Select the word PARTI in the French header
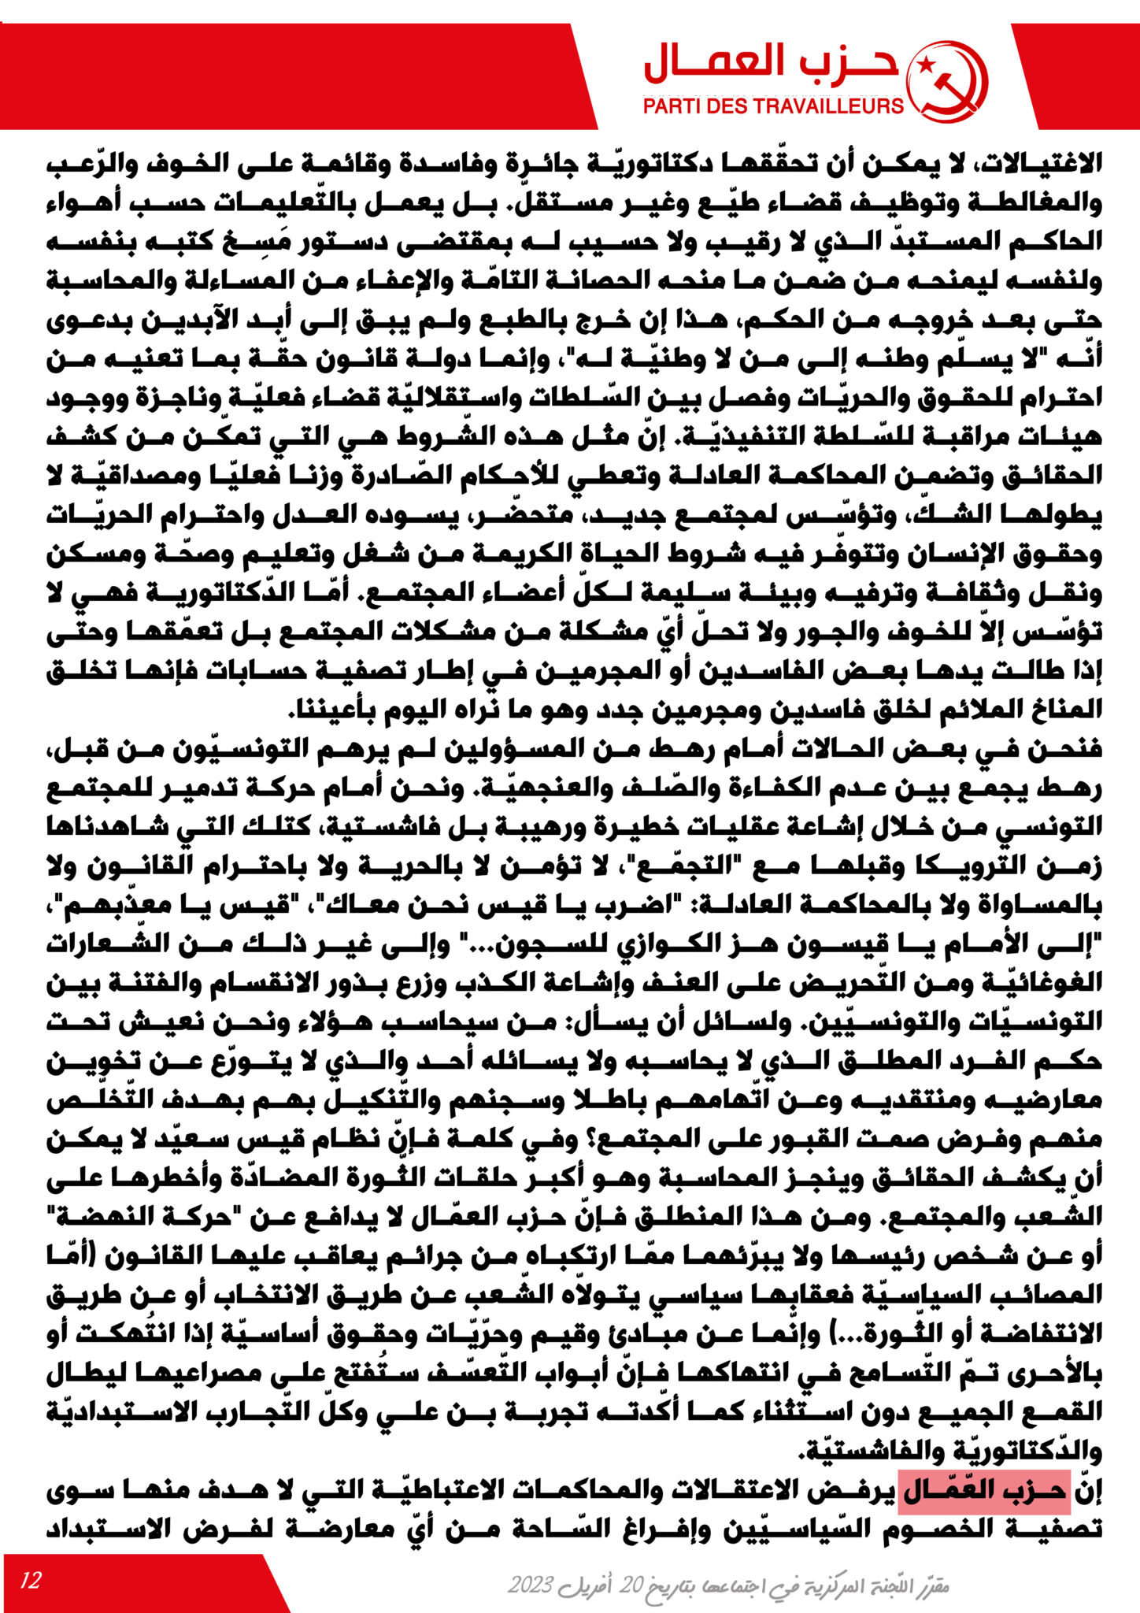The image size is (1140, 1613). pyautogui.click(x=671, y=106)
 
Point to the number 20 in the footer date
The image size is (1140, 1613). pyautogui.click(x=633, y=1583)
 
